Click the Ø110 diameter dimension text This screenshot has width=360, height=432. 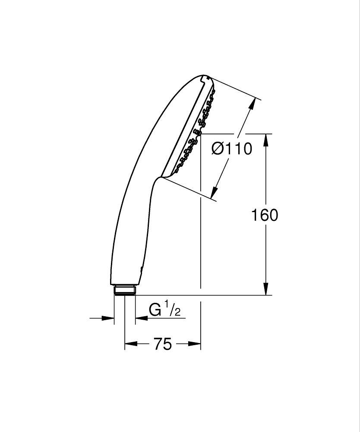tap(232, 149)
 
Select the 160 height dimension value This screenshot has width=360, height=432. tap(265, 215)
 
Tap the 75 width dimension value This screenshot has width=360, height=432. tap(162, 344)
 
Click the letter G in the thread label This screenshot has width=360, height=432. tap(155, 310)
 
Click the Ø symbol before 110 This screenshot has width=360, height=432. tap(218, 149)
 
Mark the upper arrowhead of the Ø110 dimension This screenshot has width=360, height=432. tap(251, 105)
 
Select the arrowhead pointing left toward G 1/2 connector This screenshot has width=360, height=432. tap(140, 318)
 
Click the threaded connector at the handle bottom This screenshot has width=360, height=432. tap(125, 290)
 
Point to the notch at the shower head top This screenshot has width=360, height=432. tap(204, 78)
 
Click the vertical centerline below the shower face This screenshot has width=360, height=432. tap(201, 238)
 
